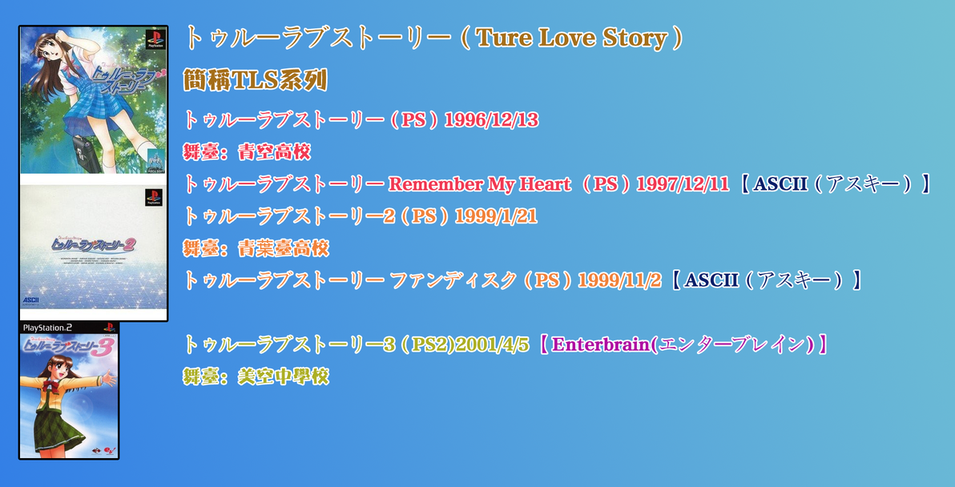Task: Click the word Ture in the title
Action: click(x=505, y=38)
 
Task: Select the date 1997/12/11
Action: click(x=682, y=184)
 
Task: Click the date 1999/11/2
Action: click(x=619, y=280)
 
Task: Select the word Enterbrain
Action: click(x=599, y=344)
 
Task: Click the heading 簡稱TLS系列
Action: click(x=255, y=80)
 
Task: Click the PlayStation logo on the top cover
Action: click(x=154, y=38)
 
